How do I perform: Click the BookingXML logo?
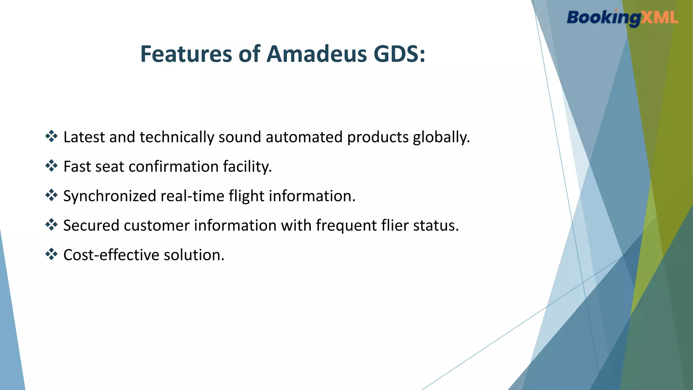click(x=622, y=18)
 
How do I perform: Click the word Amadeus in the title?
click(x=316, y=54)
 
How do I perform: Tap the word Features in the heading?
click(x=186, y=54)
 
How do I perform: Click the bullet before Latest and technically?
click(x=51, y=136)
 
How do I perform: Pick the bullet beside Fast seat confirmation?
click(x=51, y=166)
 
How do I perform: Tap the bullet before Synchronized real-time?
click(x=51, y=195)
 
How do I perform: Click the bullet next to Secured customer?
click(x=51, y=224)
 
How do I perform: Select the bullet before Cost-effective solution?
click(x=51, y=254)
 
